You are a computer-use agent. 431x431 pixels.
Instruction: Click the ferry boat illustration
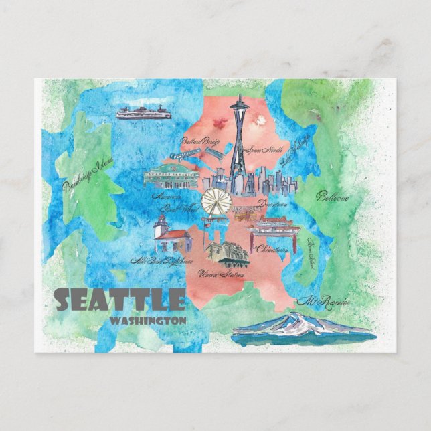(x=143, y=113)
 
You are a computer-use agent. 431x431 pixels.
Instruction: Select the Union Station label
(x=216, y=273)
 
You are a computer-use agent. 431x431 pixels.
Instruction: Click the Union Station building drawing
(x=226, y=254)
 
